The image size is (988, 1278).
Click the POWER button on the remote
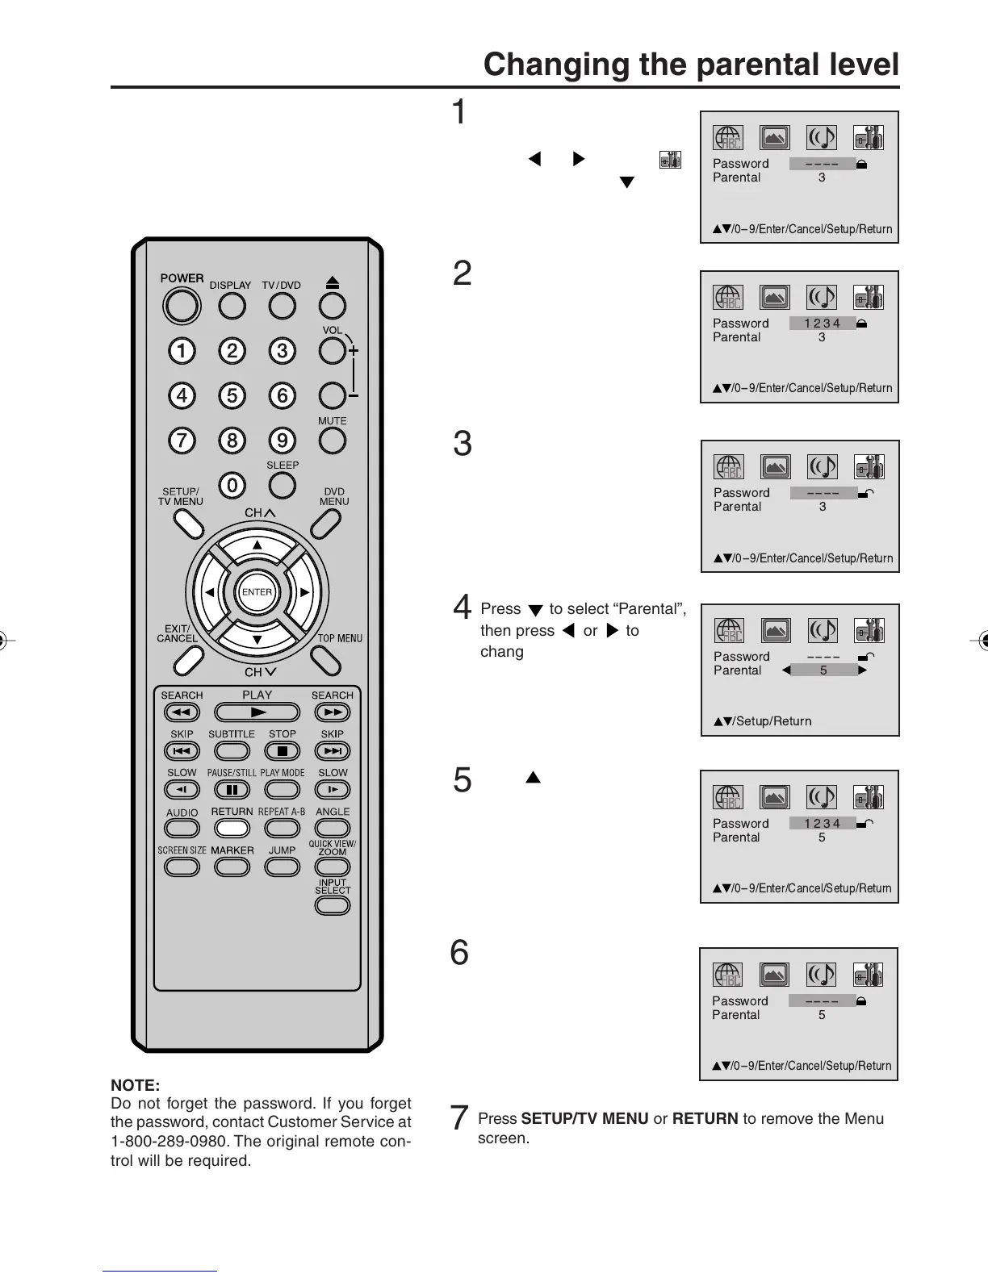181,306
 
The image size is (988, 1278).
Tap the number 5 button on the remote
232,395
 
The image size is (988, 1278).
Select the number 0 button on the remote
232,485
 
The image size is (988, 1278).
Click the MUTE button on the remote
332,441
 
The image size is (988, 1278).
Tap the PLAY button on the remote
257,712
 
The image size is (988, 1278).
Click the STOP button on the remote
282,751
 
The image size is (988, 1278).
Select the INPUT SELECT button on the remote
332,905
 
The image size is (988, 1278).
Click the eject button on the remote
332,305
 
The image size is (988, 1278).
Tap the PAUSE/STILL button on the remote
232,790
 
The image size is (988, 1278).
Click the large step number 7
458,1118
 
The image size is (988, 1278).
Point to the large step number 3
462,444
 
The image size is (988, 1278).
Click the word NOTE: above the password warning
136,1085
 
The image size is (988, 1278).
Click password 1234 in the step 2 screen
822,324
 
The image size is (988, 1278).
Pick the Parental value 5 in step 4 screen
823,670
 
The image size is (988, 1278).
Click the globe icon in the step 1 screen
727,138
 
